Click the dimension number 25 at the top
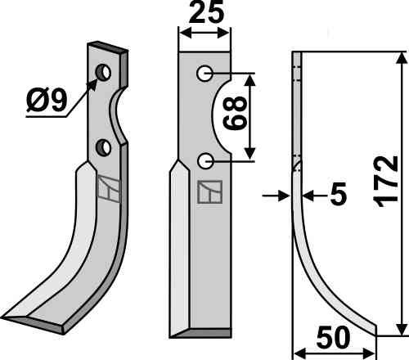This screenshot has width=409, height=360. click(x=206, y=11)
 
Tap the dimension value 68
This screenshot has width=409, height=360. click(x=235, y=112)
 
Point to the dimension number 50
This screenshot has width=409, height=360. click(x=333, y=338)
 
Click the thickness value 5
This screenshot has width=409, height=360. click(x=339, y=194)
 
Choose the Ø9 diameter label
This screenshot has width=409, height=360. click(x=47, y=101)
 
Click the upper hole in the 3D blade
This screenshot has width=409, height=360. click(x=103, y=73)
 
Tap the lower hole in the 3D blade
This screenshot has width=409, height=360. click(x=103, y=146)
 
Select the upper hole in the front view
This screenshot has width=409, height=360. click(x=204, y=74)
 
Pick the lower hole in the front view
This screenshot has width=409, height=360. click(x=205, y=161)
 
